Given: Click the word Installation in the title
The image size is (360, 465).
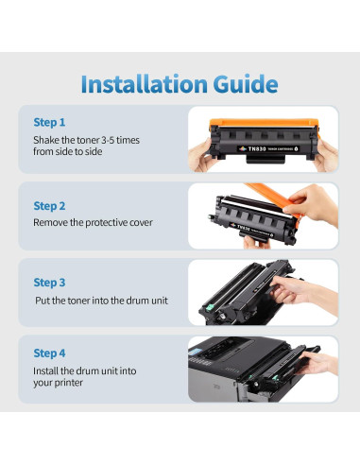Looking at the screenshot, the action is pos(145,84).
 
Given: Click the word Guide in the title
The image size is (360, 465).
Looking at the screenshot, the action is pos(246,84).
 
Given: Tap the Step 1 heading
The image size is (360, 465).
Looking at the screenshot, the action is pos(49,122).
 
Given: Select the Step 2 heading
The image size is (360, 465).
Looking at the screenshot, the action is pos(49,206).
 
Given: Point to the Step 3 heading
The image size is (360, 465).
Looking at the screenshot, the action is pos(49,283).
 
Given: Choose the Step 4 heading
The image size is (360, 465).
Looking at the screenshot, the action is pos(49,353).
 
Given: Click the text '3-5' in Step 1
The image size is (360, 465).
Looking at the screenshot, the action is pos(108,140).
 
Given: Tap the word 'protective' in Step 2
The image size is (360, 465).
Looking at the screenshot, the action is pos(106,223).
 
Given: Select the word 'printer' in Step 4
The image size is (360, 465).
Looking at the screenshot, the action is pos(69,383).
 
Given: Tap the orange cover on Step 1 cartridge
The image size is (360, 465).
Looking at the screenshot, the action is pos(264,123).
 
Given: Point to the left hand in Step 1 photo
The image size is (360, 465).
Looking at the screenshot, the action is pos(200,157).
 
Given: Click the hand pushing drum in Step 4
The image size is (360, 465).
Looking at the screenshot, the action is pos(317,364).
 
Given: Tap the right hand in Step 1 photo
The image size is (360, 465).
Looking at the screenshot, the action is pos(326,156).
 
